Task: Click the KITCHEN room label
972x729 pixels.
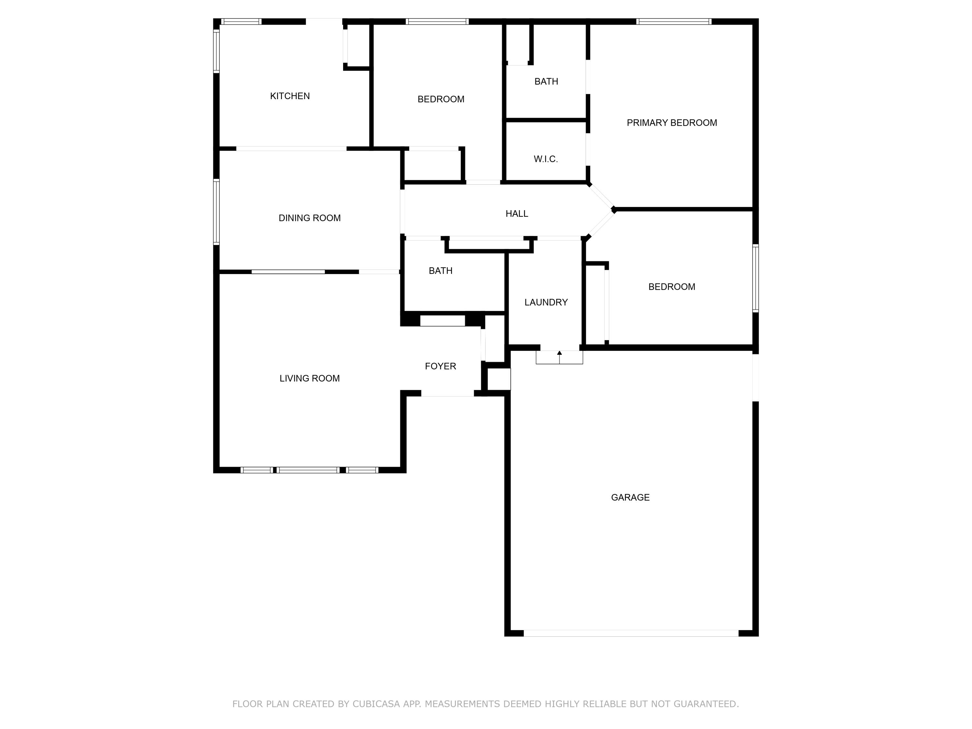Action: point(290,96)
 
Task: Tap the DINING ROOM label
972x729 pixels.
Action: point(309,218)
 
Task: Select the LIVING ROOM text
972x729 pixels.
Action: point(309,378)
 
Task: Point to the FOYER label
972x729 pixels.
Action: point(440,366)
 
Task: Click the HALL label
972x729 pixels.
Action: point(517,214)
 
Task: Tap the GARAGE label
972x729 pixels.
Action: point(630,497)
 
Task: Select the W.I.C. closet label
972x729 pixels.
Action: point(546,159)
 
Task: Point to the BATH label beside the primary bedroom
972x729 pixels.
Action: point(546,81)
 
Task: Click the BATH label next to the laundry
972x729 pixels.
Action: point(440,271)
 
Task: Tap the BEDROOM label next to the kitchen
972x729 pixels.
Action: point(441,99)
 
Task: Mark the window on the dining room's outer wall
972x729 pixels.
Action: point(216,211)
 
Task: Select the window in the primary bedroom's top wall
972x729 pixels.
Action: point(673,21)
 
